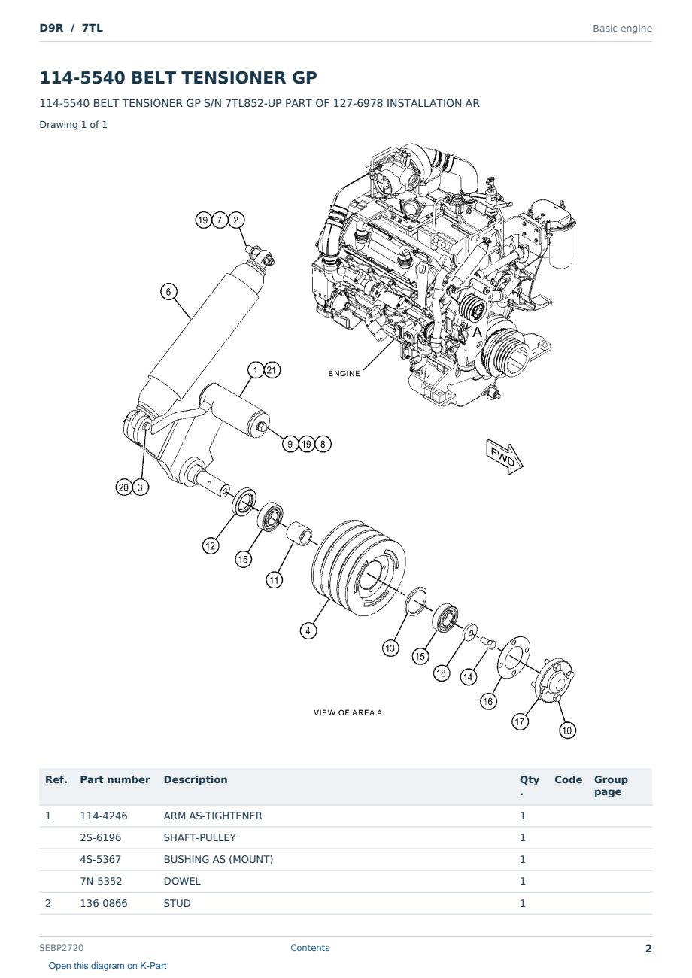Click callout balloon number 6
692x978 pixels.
point(168,292)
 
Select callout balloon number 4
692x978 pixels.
point(308,630)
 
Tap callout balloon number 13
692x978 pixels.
point(390,648)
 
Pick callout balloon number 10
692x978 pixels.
point(566,730)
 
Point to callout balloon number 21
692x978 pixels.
point(272,370)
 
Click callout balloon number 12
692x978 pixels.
point(211,545)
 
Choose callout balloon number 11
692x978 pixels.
point(275,580)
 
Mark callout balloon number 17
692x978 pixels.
point(520,721)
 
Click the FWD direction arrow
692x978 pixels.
point(505,456)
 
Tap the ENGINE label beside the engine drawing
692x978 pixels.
point(344,374)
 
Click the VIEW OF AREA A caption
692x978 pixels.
point(348,712)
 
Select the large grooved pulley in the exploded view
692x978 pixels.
point(359,567)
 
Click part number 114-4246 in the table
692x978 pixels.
point(104,816)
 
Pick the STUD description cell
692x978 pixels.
point(177,903)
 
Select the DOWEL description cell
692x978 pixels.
point(182,881)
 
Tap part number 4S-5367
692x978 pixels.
point(101,859)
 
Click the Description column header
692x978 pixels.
point(196,780)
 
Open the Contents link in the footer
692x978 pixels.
point(310,948)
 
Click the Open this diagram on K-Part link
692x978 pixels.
point(108,966)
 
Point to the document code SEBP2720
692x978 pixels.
point(62,948)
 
